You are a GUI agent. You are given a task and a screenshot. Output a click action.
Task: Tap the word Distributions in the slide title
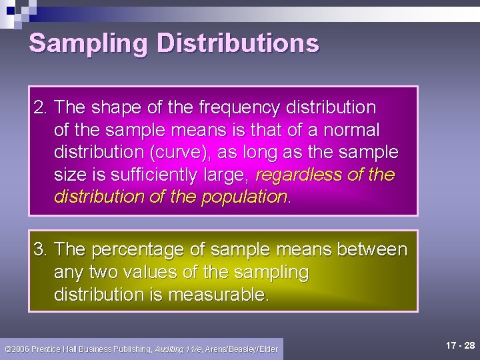pos(237,44)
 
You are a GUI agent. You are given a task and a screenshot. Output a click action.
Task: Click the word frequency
pos(231,107)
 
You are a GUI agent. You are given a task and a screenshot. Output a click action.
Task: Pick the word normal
pos(349,129)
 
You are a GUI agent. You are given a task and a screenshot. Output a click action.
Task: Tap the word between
pos(373,249)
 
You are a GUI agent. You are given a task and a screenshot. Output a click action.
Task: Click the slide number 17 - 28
pos(461,346)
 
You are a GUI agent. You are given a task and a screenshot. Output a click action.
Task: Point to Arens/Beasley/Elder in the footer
pos(242,349)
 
